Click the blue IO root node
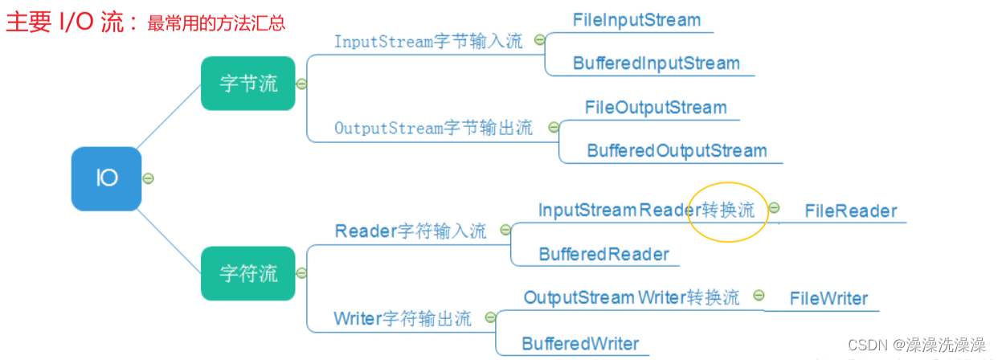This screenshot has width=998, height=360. (107, 178)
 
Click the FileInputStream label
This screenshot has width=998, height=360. (636, 20)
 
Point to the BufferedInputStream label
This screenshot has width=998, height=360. (656, 63)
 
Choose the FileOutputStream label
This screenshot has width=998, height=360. (655, 108)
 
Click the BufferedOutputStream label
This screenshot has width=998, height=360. (677, 150)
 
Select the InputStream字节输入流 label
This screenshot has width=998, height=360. (428, 42)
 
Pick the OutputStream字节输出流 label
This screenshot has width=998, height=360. (433, 128)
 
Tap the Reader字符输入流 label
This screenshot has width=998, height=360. (411, 231)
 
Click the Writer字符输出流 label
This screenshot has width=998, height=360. (403, 318)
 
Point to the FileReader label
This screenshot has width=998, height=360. (850, 211)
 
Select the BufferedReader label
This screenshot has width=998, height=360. (603, 255)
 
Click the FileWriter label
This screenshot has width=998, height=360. (828, 299)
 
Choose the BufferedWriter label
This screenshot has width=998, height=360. (580, 344)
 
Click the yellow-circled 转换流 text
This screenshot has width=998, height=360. (728, 211)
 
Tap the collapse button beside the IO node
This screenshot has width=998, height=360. (147, 178)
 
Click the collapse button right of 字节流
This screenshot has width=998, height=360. (301, 84)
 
